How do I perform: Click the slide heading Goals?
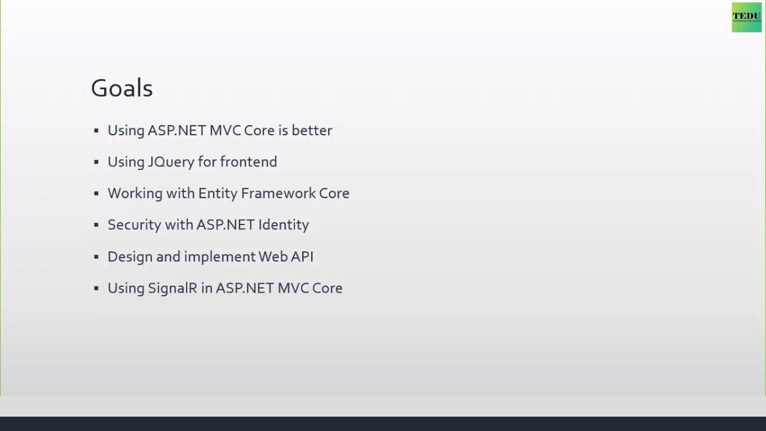tap(121, 88)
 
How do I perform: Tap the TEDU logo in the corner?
tap(746, 17)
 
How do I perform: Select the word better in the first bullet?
tap(312, 130)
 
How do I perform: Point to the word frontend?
tap(248, 162)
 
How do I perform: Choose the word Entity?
tap(217, 193)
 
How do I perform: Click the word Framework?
tap(278, 193)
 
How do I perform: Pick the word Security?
tap(135, 225)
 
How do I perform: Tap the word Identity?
tap(284, 225)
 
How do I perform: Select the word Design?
tap(130, 257)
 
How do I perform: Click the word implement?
tap(219, 257)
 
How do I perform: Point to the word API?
tap(302, 257)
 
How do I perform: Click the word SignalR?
tap(173, 289)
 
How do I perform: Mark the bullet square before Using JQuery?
tap(96, 162)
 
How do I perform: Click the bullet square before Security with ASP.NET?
tap(96, 225)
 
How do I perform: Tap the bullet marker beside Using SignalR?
tap(96, 289)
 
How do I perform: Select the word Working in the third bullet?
tap(135, 193)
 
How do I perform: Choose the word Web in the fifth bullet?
tap(272, 257)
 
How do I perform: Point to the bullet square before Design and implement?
tap(96, 257)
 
